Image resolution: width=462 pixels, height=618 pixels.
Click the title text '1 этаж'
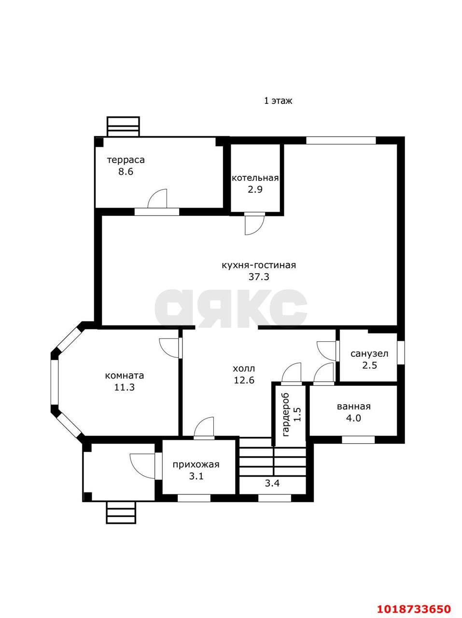tap(278, 100)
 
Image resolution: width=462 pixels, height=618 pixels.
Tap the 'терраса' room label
tap(126, 160)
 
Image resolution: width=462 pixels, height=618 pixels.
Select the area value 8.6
tap(126, 171)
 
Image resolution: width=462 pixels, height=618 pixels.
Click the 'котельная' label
tap(255, 178)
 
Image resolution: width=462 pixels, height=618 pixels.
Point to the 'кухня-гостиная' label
tap(259, 265)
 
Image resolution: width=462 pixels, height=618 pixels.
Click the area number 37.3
tap(259, 277)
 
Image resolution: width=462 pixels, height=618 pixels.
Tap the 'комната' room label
tap(124, 376)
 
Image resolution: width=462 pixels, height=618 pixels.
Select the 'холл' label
tap(244, 368)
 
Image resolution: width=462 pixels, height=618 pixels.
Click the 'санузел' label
tap(369, 353)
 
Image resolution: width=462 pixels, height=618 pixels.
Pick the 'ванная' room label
tap(353, 407)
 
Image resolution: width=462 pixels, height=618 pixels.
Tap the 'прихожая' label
tap(196, 464)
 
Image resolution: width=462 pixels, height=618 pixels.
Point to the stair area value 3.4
tap(273, 483)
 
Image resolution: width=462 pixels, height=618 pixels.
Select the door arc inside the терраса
tap(157, 199)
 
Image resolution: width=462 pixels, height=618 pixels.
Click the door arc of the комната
tap(169, 348)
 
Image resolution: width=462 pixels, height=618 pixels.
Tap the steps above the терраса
tap(123, 126)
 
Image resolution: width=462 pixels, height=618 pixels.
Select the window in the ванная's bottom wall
tap(358, 440)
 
